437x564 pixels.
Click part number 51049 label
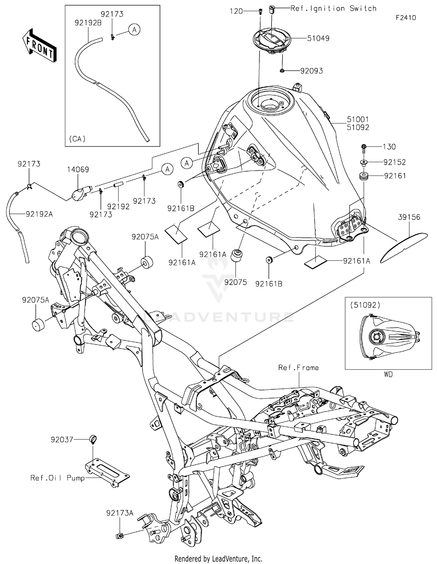tap(318, 38)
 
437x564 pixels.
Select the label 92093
tap(311, 71)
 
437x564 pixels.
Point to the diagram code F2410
tap(406, 18)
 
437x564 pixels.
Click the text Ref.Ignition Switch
tap(333, 8)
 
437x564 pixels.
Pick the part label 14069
tap(78, 169)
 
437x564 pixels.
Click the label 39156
tap(409, 217)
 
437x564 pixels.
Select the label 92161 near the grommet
tap(395, 176)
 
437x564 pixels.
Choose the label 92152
tap(394, 162)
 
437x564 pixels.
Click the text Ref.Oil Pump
tap(57, 478)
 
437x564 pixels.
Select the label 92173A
tap(120, 513)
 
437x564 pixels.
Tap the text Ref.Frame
tap(298, 368)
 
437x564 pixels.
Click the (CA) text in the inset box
tap(77, 139)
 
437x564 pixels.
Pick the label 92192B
tap(88, 23)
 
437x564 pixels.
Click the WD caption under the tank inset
tap(388, 375)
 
